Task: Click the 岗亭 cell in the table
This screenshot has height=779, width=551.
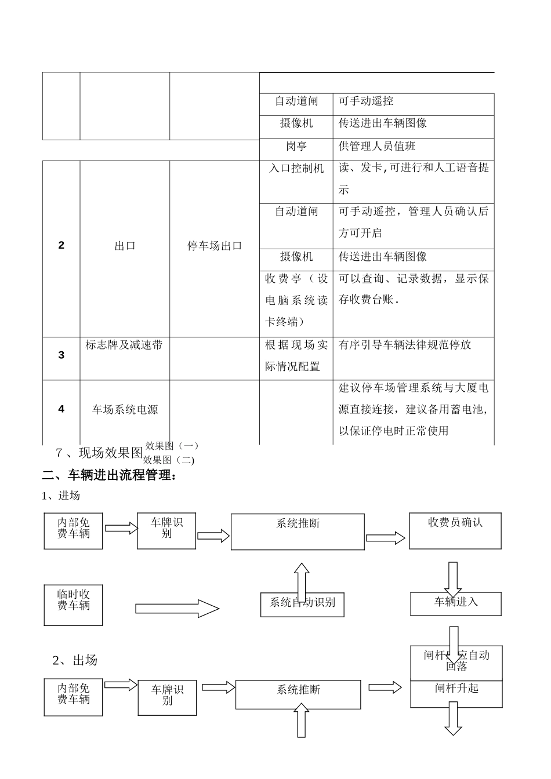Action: [x=296, y=147]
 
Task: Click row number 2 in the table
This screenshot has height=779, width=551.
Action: [x=61, y=245]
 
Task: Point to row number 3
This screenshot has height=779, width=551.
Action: [x=61, y=355]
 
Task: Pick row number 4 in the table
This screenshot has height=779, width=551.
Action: [x=61, y=409]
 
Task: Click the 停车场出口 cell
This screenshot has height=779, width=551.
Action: [x=215, y=246]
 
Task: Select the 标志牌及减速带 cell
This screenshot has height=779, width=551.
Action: [x=124, y=345]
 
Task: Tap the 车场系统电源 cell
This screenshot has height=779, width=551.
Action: [x=125, y=410]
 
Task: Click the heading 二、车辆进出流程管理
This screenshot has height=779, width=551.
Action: [x=109, y=476]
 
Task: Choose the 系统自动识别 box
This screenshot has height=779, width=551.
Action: [x=302, y=603]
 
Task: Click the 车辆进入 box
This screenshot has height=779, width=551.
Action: [x=456, y=602]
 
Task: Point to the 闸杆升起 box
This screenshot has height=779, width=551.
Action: [x=456, y=689]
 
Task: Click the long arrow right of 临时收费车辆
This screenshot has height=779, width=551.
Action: [x=177, y=609]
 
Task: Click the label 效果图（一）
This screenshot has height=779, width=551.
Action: [x=172, y=446]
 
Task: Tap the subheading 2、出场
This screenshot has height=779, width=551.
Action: [x=75, y=660]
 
